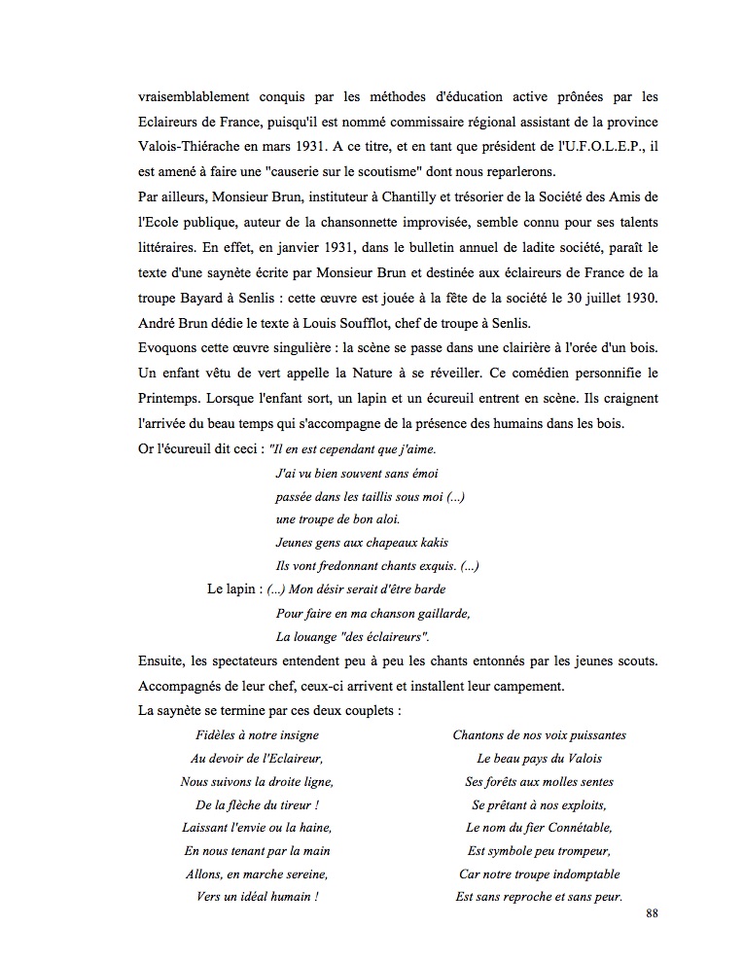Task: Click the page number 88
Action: click(x=651, y=914)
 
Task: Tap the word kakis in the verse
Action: click(x=430, y=543)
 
